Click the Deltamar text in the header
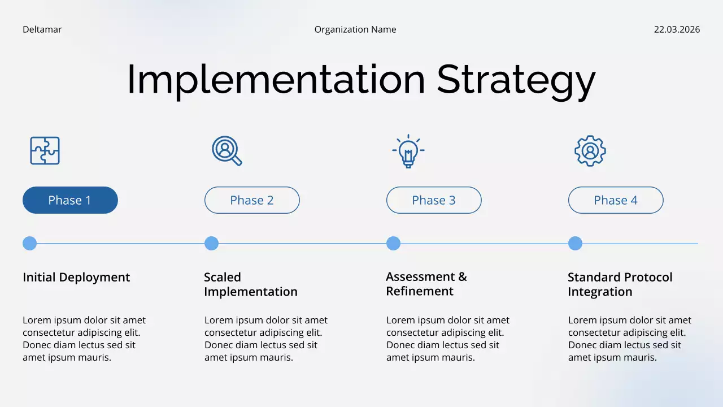coord(42,29)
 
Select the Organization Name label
coord(355,29)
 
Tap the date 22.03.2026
coord(677,29)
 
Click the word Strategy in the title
coord(516,80)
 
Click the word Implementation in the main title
coord(276,79)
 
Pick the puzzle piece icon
coord(45,151)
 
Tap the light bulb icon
coord(408,151)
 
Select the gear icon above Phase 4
coord(590,151)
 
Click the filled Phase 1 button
coord(70,200)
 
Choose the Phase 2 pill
coord(252,200)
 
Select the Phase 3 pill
coord(434,200)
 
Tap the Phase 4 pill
coord(616,200)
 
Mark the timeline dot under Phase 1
coord(29,244)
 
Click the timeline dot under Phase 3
coord(393,244)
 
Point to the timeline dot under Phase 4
coord(575,244)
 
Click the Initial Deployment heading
coord(76,277)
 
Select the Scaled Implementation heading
coord(250,284)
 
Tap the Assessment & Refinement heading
coord(426,284)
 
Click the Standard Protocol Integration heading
coord(620,284)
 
